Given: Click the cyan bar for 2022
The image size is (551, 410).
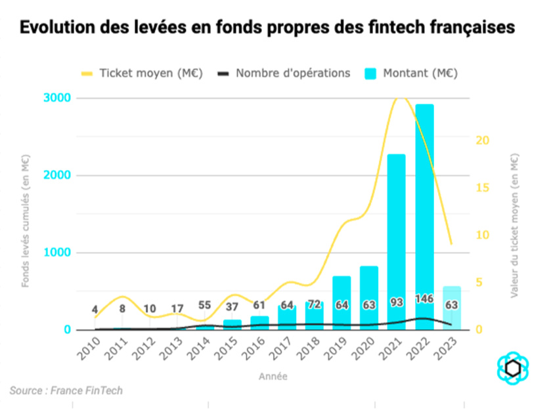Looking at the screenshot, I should (424, 216).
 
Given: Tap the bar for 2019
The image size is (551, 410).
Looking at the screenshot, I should (342, 302).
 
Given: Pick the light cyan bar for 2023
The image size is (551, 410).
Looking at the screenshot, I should (451, 308).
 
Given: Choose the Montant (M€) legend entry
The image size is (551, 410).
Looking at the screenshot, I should (410, 73).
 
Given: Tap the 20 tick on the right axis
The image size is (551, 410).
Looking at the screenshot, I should (481, 140).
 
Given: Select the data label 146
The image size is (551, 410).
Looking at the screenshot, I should (424, 298).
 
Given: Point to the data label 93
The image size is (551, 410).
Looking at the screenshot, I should (396, 302).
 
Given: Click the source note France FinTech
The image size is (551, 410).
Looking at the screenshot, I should (66, 391).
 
